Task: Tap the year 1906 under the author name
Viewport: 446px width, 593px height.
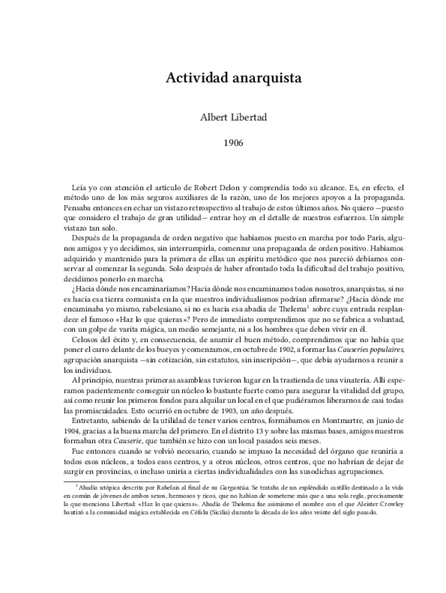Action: [x=233, y=143]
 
